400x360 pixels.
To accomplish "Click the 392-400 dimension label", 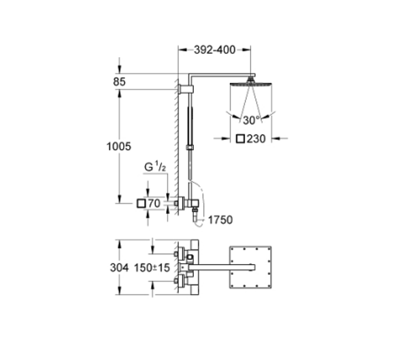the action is (214, 50).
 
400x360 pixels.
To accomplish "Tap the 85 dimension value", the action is (120, 82).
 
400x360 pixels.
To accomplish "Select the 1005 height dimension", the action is (118, 146).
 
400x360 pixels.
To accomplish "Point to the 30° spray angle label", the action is (252, 120).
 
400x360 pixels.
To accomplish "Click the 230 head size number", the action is (256, 139).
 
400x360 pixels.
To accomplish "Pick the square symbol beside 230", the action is (240, 139).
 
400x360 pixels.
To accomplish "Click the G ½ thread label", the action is (155, 167).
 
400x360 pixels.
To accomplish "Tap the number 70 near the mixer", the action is (154, 203).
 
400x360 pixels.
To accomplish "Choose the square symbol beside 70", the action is (141, 203).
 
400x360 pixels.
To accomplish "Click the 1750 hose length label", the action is (220, 220).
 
